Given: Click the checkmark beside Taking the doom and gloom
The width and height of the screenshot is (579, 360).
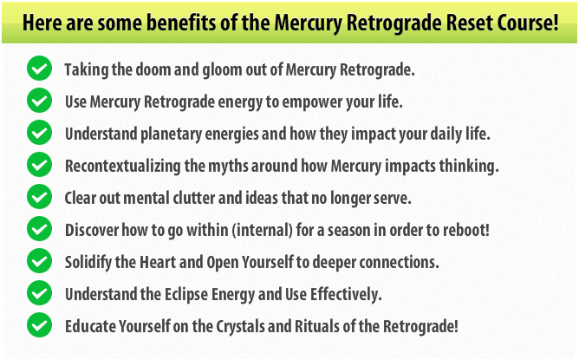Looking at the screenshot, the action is (39, 69).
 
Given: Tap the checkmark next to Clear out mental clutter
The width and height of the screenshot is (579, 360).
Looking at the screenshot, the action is (39, 197).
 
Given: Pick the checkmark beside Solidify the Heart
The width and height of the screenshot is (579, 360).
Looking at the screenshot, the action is (39, 261).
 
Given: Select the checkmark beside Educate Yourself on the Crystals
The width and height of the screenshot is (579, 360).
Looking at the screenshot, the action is (39, 325).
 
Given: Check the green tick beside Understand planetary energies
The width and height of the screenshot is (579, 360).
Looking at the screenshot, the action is (39, 133).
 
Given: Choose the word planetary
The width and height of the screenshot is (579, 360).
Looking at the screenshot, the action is (171, 134).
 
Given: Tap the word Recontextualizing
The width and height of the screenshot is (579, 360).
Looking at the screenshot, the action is (122, 167).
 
